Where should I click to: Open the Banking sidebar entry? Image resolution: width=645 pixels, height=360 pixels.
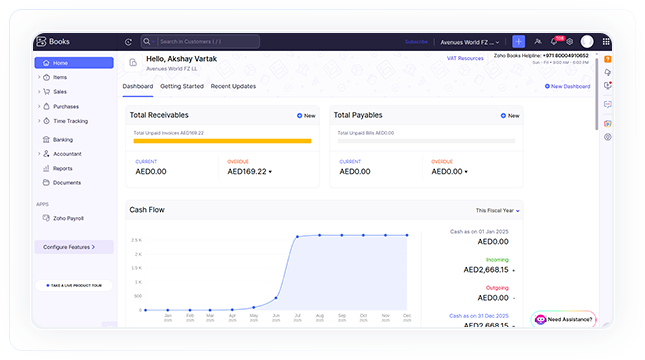click(x=63, y=140)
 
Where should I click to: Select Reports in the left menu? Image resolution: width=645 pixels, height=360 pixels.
click(x=62, y=168)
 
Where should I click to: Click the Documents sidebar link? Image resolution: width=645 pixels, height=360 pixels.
click(x=67, y=183)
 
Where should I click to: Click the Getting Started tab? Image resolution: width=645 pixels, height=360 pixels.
click(x=182, y=86)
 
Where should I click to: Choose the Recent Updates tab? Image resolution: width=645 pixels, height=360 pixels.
click(x=233, y=86)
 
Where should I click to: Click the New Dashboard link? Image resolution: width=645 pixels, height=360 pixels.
click(x=568, y=86)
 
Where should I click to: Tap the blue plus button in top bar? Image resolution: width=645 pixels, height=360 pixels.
click(x=518, y=41)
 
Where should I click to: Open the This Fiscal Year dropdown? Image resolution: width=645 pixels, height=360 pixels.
click(x=497, y=211)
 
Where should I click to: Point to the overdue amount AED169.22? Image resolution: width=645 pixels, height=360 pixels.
click(x=248, y=171)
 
